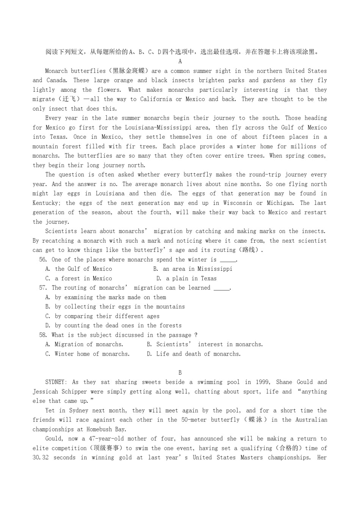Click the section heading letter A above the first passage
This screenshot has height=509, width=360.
180,61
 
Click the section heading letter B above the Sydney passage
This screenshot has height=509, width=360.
180,373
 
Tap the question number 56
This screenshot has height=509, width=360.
43,259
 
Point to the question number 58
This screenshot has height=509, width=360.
43,335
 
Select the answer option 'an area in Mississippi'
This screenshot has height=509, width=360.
197,269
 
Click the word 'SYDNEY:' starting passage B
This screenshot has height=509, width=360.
56,382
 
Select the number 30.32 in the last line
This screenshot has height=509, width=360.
41,457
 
